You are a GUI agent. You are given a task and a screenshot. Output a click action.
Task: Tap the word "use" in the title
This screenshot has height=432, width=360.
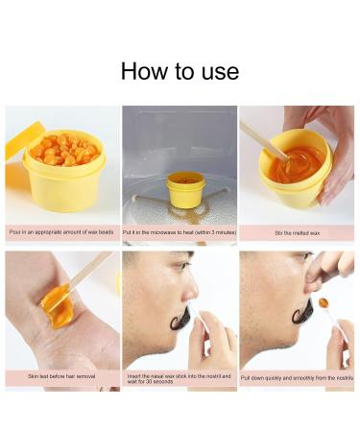coord(220,72)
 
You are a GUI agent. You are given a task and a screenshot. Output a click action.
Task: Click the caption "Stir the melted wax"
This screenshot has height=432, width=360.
coord(296,232)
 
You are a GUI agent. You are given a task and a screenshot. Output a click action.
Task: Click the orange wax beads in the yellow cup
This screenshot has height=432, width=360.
coord(63,152)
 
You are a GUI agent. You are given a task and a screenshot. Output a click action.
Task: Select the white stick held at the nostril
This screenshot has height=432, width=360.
coord(201,325)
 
